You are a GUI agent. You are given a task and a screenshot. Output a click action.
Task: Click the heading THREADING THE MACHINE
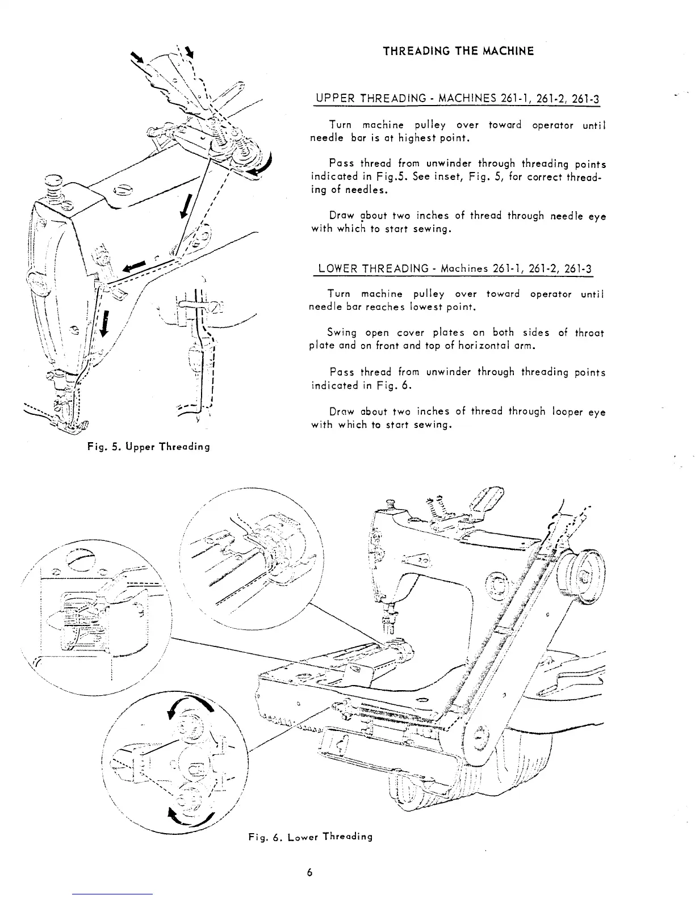coord(458,52)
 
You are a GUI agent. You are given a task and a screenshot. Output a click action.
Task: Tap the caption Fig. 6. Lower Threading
coord(310,837)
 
